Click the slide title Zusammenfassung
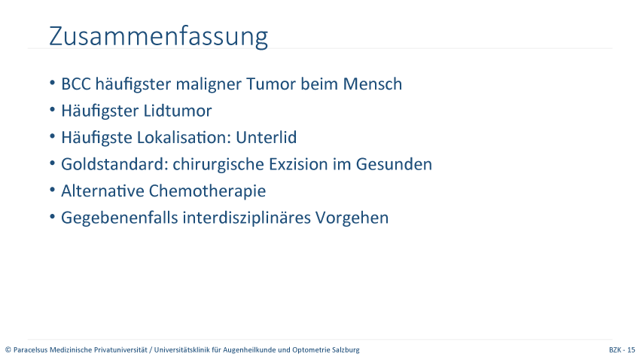[158, 37]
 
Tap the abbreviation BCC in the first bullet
[76, 84]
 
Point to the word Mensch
[372, 84]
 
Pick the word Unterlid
[266, 138]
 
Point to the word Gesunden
[394, 164]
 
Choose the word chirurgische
[218, 165]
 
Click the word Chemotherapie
[207, 191]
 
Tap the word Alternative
[102, 191]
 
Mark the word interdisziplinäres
[246, 218]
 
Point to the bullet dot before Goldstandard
[52, 163]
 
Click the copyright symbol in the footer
[8, 349]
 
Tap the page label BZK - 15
[622, 349]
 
